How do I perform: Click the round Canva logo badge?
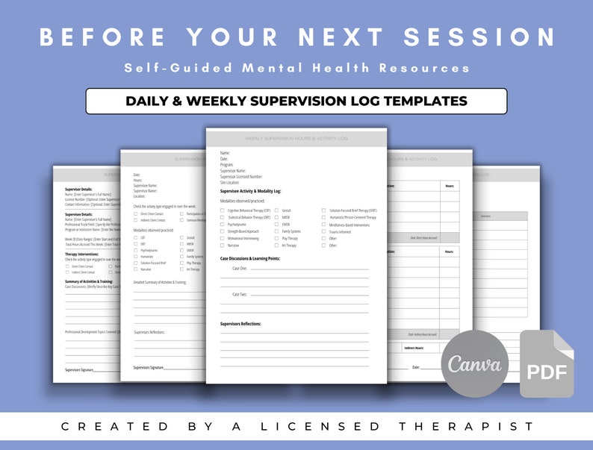click(475, 364)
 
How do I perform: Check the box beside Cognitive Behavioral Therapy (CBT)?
click(222, 211)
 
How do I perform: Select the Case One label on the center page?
click(239, 268)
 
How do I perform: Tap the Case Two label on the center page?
click(239, 294)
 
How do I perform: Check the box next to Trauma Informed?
click(323, 231)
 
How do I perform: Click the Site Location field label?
click(230, 182)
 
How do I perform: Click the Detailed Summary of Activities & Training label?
click(159, 282)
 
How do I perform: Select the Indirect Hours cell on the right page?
click(415, 348)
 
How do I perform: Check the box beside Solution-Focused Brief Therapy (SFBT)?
click(323, 211)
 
